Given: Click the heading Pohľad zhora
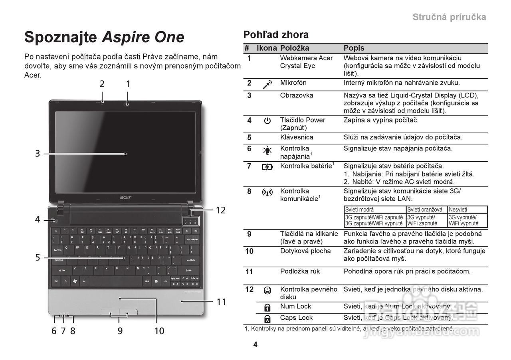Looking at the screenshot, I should click(x=276, y=35).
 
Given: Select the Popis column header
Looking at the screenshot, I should click(x=354, y=48).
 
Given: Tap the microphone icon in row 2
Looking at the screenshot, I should click(x=267, y=84).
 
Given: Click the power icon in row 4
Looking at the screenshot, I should click(x=267, y=121).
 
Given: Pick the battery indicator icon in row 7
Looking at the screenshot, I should click(x=267, y=167).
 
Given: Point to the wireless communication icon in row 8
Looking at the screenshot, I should click(x=267, y=192).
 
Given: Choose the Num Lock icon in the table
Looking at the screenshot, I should click(x=267, y=307).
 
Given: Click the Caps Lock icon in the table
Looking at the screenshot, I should click(x=267, y=318).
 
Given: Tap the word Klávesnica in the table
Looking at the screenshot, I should click(x=297, y=137).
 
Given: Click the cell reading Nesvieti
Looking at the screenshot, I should click(x=458, y=210).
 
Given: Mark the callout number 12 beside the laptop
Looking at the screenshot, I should click(x=221, y=210).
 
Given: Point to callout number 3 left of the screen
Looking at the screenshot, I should click(x=37, y=153).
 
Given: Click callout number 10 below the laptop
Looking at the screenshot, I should click(x=159, y=330).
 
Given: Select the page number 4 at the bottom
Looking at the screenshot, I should click(x=255, y=345).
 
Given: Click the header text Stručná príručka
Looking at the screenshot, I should click(x=449, y=17).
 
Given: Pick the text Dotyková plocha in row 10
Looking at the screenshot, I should click(x=305, y=251).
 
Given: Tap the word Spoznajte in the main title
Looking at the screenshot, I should click(x=61, y=37).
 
